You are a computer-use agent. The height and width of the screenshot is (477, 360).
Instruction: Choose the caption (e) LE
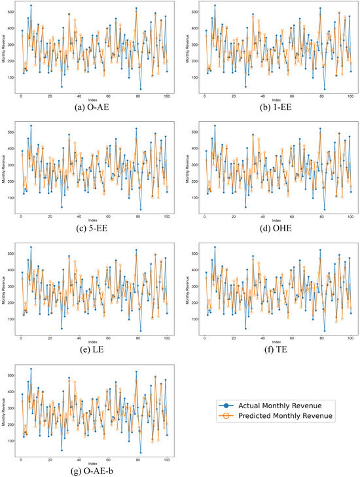point(92,351)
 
